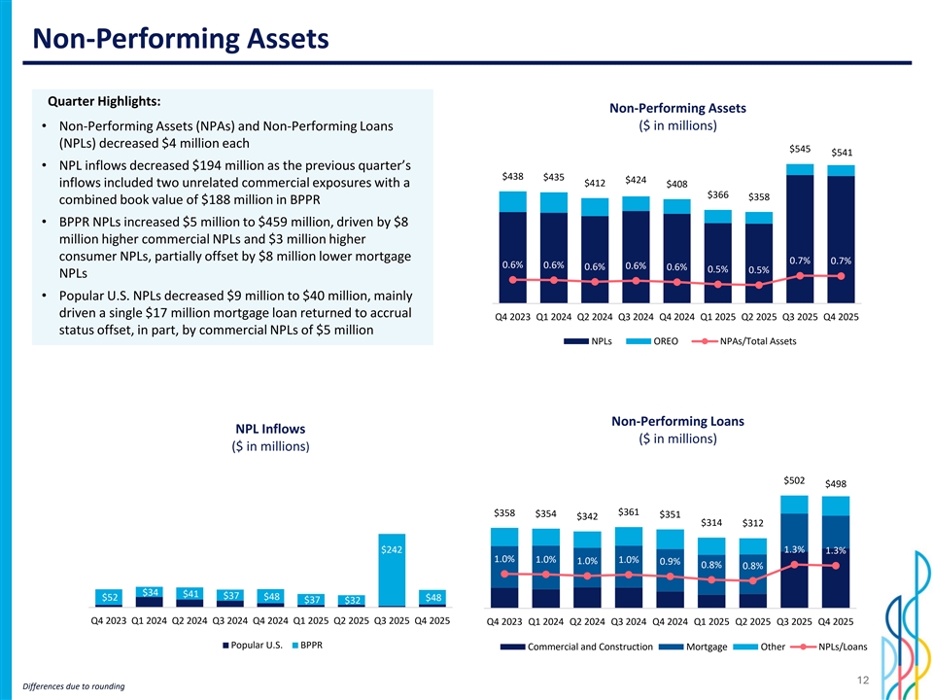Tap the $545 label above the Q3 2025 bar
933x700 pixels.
[x=801, y=149]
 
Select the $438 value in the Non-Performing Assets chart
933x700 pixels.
[x=512, y=176]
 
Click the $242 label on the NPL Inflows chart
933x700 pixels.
[x=392, y=549]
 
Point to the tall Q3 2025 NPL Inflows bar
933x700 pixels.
[x=392, y=574]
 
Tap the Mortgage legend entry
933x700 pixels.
[x=706, y=647]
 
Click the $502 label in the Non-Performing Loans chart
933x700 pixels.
[x=793, y=480]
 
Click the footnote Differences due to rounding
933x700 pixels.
[x=66, y=686]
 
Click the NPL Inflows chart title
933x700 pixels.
[x=270, y=429]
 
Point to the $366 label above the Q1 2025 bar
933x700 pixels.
[x=717, y=194]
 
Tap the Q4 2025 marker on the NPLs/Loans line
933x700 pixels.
[x=836, y=566]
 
